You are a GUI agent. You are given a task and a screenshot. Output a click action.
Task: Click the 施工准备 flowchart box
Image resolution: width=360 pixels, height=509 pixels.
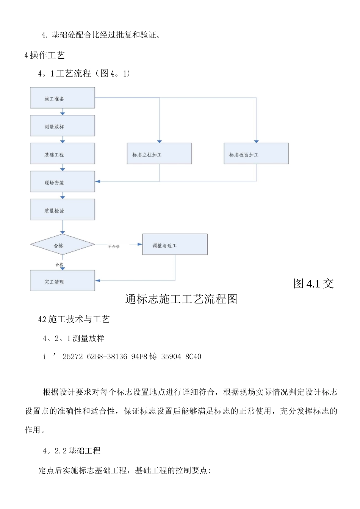63,98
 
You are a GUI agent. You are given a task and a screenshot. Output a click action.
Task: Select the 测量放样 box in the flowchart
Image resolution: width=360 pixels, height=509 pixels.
63,126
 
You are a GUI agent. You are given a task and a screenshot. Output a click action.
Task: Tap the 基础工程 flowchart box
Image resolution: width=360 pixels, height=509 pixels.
63,154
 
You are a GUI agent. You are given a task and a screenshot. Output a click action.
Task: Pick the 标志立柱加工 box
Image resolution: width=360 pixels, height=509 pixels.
159,154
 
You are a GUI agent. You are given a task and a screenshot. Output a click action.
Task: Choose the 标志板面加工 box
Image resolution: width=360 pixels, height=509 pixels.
256,154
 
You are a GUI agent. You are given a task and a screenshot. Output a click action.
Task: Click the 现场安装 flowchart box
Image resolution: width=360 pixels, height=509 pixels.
63,182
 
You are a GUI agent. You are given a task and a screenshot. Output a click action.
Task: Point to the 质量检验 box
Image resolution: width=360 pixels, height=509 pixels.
63,210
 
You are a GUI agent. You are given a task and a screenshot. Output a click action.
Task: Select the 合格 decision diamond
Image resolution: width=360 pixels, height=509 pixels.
63,245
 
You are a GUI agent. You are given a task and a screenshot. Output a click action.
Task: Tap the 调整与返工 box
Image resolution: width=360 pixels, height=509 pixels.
175,245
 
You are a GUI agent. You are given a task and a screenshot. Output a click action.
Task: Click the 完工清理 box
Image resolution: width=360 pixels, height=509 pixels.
63,281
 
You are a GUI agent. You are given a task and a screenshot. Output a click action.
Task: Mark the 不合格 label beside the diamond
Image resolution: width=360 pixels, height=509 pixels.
114,247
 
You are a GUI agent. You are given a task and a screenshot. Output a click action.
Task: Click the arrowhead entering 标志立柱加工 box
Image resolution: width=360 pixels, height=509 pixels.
160,142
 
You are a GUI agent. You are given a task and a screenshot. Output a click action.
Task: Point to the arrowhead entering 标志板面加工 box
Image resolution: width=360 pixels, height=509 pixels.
257,142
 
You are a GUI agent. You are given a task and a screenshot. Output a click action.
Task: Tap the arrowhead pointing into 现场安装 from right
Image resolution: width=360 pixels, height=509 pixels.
98,182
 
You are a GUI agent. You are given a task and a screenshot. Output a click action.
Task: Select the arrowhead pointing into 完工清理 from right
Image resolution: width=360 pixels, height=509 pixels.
98,281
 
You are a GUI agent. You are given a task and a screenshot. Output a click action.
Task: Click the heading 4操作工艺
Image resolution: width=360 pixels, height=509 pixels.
45,55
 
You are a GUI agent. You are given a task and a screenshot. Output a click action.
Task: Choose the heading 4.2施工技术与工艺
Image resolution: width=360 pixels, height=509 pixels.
74,319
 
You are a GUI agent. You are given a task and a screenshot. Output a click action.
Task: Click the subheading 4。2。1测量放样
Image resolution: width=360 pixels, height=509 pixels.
74,339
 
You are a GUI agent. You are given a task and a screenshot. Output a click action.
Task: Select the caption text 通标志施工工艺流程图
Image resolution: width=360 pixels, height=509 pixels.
181,299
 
